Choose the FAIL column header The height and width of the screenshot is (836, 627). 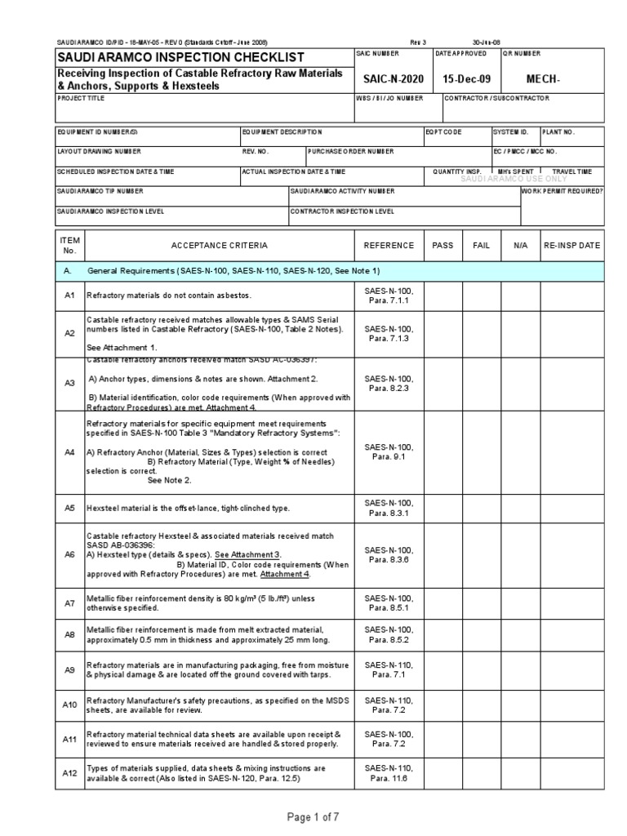coord(482,245)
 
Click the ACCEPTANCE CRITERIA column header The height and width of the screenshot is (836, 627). coord(218,245)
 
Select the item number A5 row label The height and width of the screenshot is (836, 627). coord(69,508)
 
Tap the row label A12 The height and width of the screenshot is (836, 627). coord(69,772)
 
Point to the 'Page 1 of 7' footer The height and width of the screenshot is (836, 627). coord(312,817)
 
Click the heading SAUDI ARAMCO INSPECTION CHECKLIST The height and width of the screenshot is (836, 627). coord(179,57)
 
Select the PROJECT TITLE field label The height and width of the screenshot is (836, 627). coord(81,98)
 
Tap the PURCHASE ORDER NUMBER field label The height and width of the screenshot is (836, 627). coord(350,151)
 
